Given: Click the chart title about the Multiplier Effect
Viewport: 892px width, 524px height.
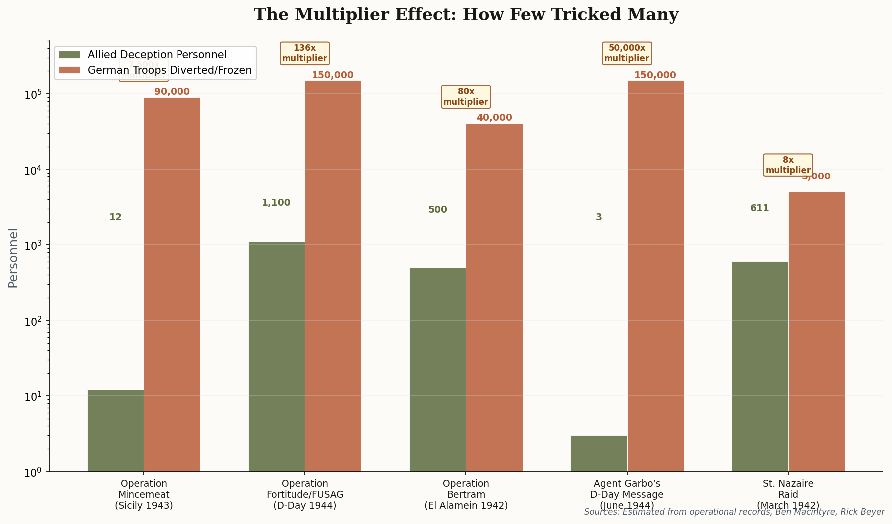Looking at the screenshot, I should click(x=466, y=15).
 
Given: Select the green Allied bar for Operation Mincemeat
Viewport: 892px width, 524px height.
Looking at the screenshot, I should click(x=116, y=431).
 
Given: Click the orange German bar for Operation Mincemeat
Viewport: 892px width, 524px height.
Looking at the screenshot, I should click(x=172, y=284).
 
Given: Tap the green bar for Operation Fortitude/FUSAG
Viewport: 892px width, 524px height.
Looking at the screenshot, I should click(x=277, y=356).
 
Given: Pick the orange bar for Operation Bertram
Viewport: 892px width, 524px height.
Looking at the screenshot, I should click(x=494, y=298).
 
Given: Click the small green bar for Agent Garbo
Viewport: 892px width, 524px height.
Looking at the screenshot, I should click(x=599, y=453).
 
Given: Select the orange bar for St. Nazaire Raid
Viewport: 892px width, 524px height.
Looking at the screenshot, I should click(x=816, y=332).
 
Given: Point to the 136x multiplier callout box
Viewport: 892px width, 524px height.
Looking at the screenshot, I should click(x=305, y=53).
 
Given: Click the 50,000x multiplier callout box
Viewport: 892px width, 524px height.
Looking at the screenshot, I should click(x=627, y=53).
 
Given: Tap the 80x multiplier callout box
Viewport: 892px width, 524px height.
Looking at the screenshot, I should click(x=466, y=97).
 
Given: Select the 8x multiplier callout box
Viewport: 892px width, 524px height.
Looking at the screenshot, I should click(x=788, y=165).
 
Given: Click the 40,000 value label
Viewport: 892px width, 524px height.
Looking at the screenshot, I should click(x=494, y=118).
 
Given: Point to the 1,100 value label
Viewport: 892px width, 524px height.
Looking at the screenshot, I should click(x=276, y=203).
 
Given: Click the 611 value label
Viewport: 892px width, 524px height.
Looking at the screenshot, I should click(x=759, y=208).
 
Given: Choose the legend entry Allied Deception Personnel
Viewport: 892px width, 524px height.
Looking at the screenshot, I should click(x=157, y=55).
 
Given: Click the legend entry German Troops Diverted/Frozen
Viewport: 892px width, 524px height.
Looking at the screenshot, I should click(x=170, y=70).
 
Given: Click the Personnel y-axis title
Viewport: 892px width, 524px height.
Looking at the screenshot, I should click(x=13, y=258).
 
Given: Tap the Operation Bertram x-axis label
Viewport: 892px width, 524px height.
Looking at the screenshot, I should click(x=466, y=494).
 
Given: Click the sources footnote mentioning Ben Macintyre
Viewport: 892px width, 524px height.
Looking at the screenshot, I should click(x=734, y=512).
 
